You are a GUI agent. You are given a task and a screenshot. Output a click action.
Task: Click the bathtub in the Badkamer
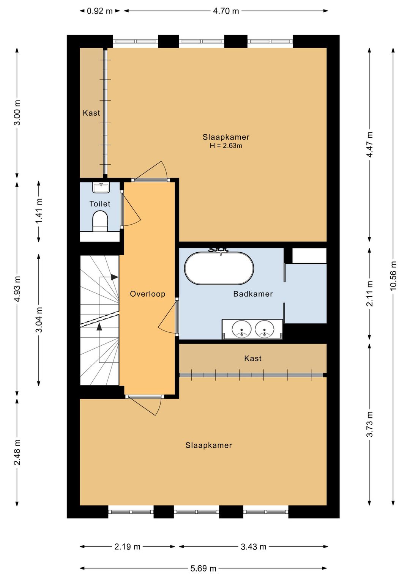219,268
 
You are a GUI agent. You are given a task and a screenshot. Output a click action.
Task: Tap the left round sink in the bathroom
242,329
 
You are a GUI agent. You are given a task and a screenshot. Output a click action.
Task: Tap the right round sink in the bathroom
265,329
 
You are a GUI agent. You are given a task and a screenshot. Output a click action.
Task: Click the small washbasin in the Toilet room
101,187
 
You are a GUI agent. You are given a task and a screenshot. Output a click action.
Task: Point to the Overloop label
148,294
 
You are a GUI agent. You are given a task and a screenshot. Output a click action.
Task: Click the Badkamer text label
253,294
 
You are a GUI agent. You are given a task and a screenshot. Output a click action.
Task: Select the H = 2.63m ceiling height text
226,146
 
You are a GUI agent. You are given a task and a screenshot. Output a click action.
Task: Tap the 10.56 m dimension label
393,276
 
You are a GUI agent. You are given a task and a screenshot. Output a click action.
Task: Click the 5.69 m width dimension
203,568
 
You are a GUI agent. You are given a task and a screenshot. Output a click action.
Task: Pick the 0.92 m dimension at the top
99,11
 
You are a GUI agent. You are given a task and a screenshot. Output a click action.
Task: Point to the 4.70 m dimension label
226,11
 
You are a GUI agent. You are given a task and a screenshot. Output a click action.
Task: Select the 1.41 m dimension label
39,211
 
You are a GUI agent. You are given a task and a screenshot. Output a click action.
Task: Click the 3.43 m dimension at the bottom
253,547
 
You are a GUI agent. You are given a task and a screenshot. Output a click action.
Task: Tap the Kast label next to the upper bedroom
91,113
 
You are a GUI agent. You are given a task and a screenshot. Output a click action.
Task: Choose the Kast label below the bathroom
253,359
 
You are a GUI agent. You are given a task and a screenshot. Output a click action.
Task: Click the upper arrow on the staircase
114,277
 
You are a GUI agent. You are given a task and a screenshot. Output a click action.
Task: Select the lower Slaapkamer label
208,445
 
